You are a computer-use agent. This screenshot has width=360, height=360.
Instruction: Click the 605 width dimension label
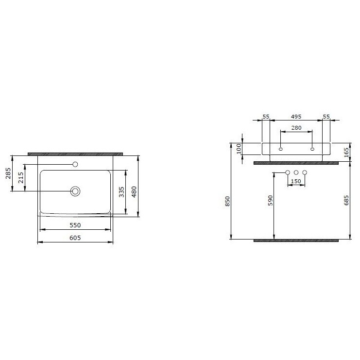pyautogui.click(x=75, y=238)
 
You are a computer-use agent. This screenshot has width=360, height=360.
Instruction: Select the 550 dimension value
pyautogui.click(x=75, y=225)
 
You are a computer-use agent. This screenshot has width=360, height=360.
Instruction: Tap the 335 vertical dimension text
pyautogui.click(x=121, y=192)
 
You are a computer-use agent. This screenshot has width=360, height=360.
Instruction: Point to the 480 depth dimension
pyautogui.click(x=134, y=192)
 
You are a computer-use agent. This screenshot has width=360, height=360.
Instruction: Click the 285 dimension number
pyautogui.click(x=8, y=173)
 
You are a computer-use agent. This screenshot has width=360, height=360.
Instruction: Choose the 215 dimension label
pyautogui.click(x=21, y=178)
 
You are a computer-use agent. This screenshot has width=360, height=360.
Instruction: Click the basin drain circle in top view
pyautogui.click(x=75, y=191)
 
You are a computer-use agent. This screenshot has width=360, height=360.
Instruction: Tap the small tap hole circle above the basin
pyautogui.click(x=75, y=164)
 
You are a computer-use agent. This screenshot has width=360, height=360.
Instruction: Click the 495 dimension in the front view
pyautogui.click(x=296, y=117)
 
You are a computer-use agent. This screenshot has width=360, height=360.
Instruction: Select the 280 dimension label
pyautogui.click(x=296, y=128)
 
